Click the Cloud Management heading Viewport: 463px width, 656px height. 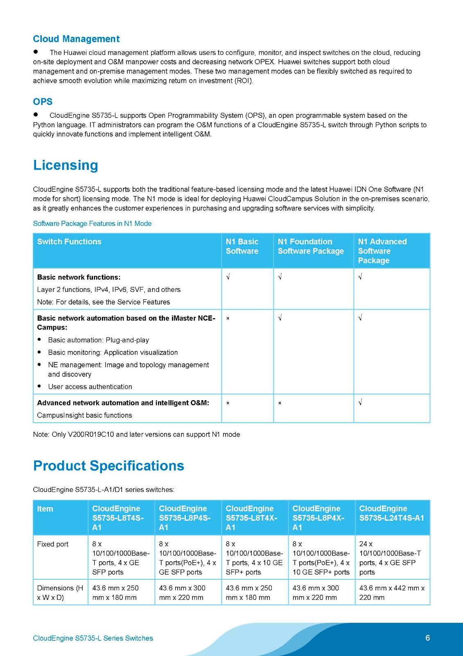pyautogui.click(x=76, y=39)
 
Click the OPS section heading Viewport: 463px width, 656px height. pyautogui.click(x=43, y=102)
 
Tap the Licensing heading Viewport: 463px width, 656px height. pyautogui.click(x=65, y=165)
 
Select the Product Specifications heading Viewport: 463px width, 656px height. pyautogui.click(x=108, y=466)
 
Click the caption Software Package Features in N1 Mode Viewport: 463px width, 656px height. pyautogui.click(x=92, y=223)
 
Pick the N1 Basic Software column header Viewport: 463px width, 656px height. pyautogui.click(x=242, y=246)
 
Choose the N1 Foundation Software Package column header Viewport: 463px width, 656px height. pyautogui.click(x=311, y=246)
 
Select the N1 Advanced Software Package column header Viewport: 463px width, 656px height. pyautogui.click(x=382, y=251)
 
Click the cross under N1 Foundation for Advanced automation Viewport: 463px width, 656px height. pyautogui.click(x=280, y=403)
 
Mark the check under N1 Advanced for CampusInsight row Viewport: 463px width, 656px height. pyautogui.click(x=360, y=403)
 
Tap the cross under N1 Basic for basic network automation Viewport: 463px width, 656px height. pyautogui.click(x=228, y=318)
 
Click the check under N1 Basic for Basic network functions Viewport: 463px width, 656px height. pyautogui.click(x=228, y=277)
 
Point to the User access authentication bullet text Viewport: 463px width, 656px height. pyautogui.click(x=90, y=387)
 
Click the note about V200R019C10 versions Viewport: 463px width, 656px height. pyautogui.click(x=136, y=434)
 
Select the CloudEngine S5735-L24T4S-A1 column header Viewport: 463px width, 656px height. pyautogui.click(x=391, y=513)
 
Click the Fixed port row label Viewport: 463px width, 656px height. pyautogui.click(x=53, y=544)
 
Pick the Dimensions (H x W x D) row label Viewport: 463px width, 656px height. pyautogui.click(x=60, y=592)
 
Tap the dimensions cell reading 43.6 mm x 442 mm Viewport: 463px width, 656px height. pyautogui.click(x=392, y=592)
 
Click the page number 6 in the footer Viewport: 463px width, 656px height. pyautogui.click(x=428, y=638)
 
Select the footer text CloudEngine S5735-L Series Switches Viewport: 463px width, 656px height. pyautogui.click(x=93, y=638)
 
